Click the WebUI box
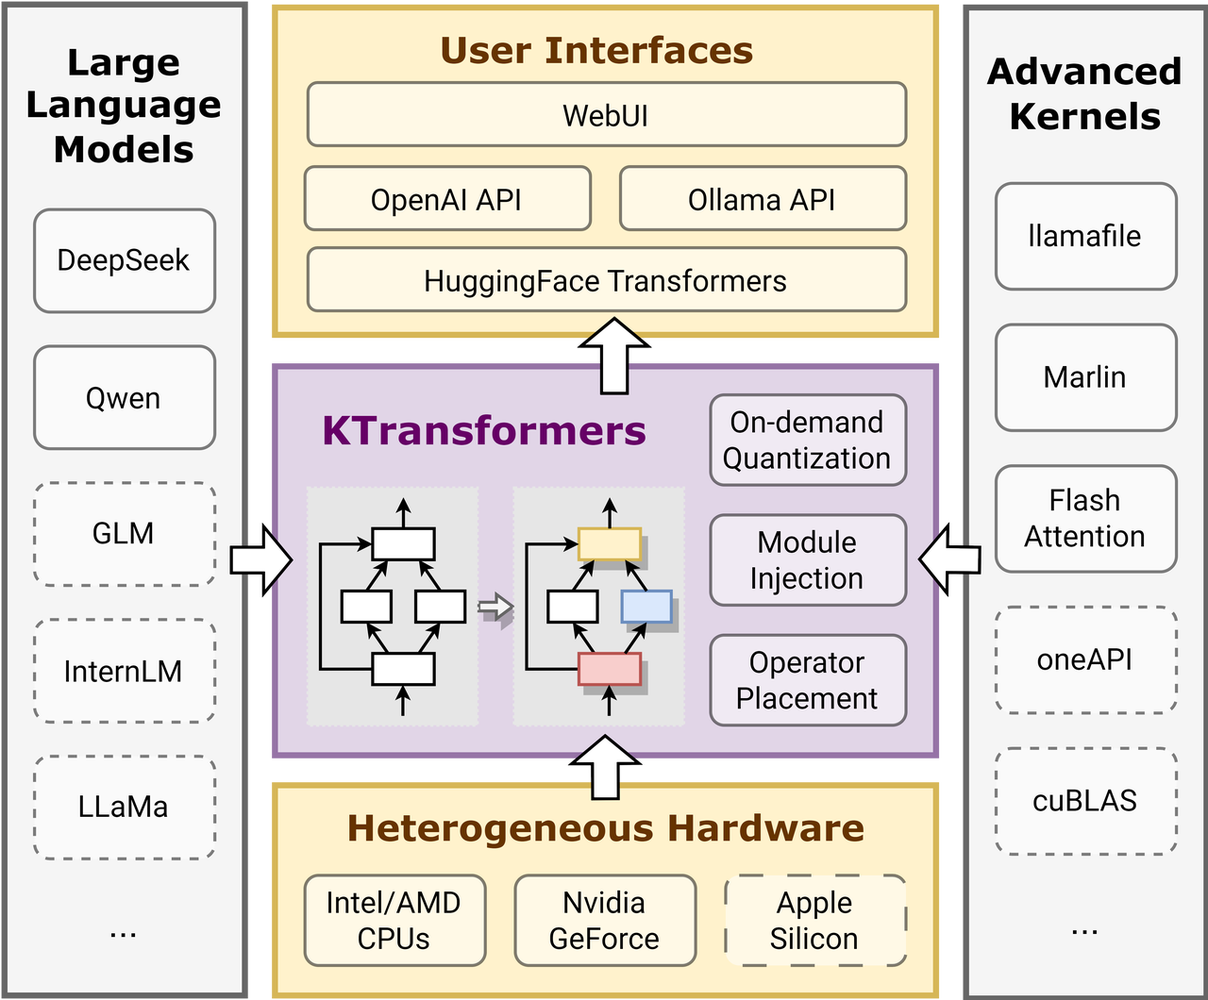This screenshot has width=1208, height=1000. [606, 114]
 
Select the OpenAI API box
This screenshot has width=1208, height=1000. [447, 198]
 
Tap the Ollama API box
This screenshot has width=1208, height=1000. [763, 198]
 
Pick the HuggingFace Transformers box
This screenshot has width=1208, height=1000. [606, 279]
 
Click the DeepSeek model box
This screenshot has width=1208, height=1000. [125, 260]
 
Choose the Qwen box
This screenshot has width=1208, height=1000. [125, 397]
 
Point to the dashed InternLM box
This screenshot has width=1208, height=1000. [125, 671]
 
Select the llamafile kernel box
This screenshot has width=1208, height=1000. [1086, 236]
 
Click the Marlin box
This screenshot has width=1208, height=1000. [1086, 377]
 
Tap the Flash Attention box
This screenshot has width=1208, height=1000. [1086, 518]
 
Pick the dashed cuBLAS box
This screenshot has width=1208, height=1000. [1086, 801]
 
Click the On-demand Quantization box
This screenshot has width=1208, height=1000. [808, 440]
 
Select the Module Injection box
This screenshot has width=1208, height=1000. [808, 559]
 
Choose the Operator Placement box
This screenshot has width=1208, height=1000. [808, 680]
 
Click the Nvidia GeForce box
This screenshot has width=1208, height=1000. [605, 920]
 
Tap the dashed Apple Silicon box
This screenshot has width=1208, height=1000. [814, 920]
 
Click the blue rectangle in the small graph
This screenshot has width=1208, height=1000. [646, 606]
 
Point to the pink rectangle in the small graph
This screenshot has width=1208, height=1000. [610, 669]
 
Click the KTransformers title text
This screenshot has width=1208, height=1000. [483, 431]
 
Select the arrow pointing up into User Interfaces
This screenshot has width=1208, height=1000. [614, 355]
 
